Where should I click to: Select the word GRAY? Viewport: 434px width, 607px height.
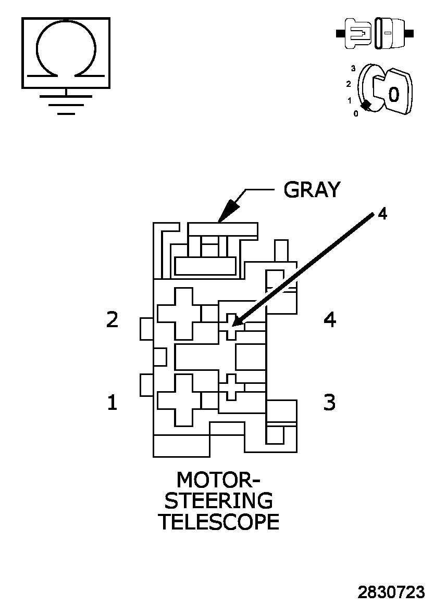[x=312, y=190]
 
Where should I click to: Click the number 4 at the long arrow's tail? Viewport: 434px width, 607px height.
[x=382, y=214]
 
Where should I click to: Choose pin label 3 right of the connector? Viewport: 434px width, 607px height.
[x=329, y=402]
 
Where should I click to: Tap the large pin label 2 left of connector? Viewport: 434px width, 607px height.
[x=112, y=319]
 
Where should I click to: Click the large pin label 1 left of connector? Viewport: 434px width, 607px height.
[x=112, y=402]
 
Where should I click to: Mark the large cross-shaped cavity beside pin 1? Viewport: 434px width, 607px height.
[x=179, y=399]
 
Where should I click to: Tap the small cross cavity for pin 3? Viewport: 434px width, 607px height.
[x=231, y=386]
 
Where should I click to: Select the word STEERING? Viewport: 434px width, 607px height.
[x=218, y=500]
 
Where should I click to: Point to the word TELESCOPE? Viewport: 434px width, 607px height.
[x=218, y=522]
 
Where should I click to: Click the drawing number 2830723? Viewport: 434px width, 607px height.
[x=391, y=592]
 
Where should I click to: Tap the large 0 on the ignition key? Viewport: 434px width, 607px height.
[x=394, y=95]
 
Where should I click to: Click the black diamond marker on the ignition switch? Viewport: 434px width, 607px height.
[x=366, y=105]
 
